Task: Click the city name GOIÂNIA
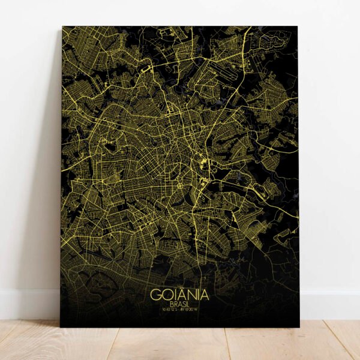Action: pyautogui.click(x=179, y=295)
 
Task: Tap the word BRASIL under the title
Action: pyautogui.click(x=179, y=304)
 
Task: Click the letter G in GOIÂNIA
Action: pyautogui.click(x=155, y=295)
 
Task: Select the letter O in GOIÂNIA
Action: pyautogui.click(x=166, y=295)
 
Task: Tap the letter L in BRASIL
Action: pyautogui.click(x=189, y=304)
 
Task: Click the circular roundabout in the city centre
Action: pyautogui.click(x=179, y=187)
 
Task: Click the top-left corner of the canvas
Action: pyautogui.click(x=62, y=26)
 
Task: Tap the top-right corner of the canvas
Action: pyautogui.click(x=298, y=26)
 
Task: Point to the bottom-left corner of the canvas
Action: pyautogui.click(x=61, y=326)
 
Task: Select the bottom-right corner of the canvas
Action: pyautogui.click(x=299, y=326)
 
